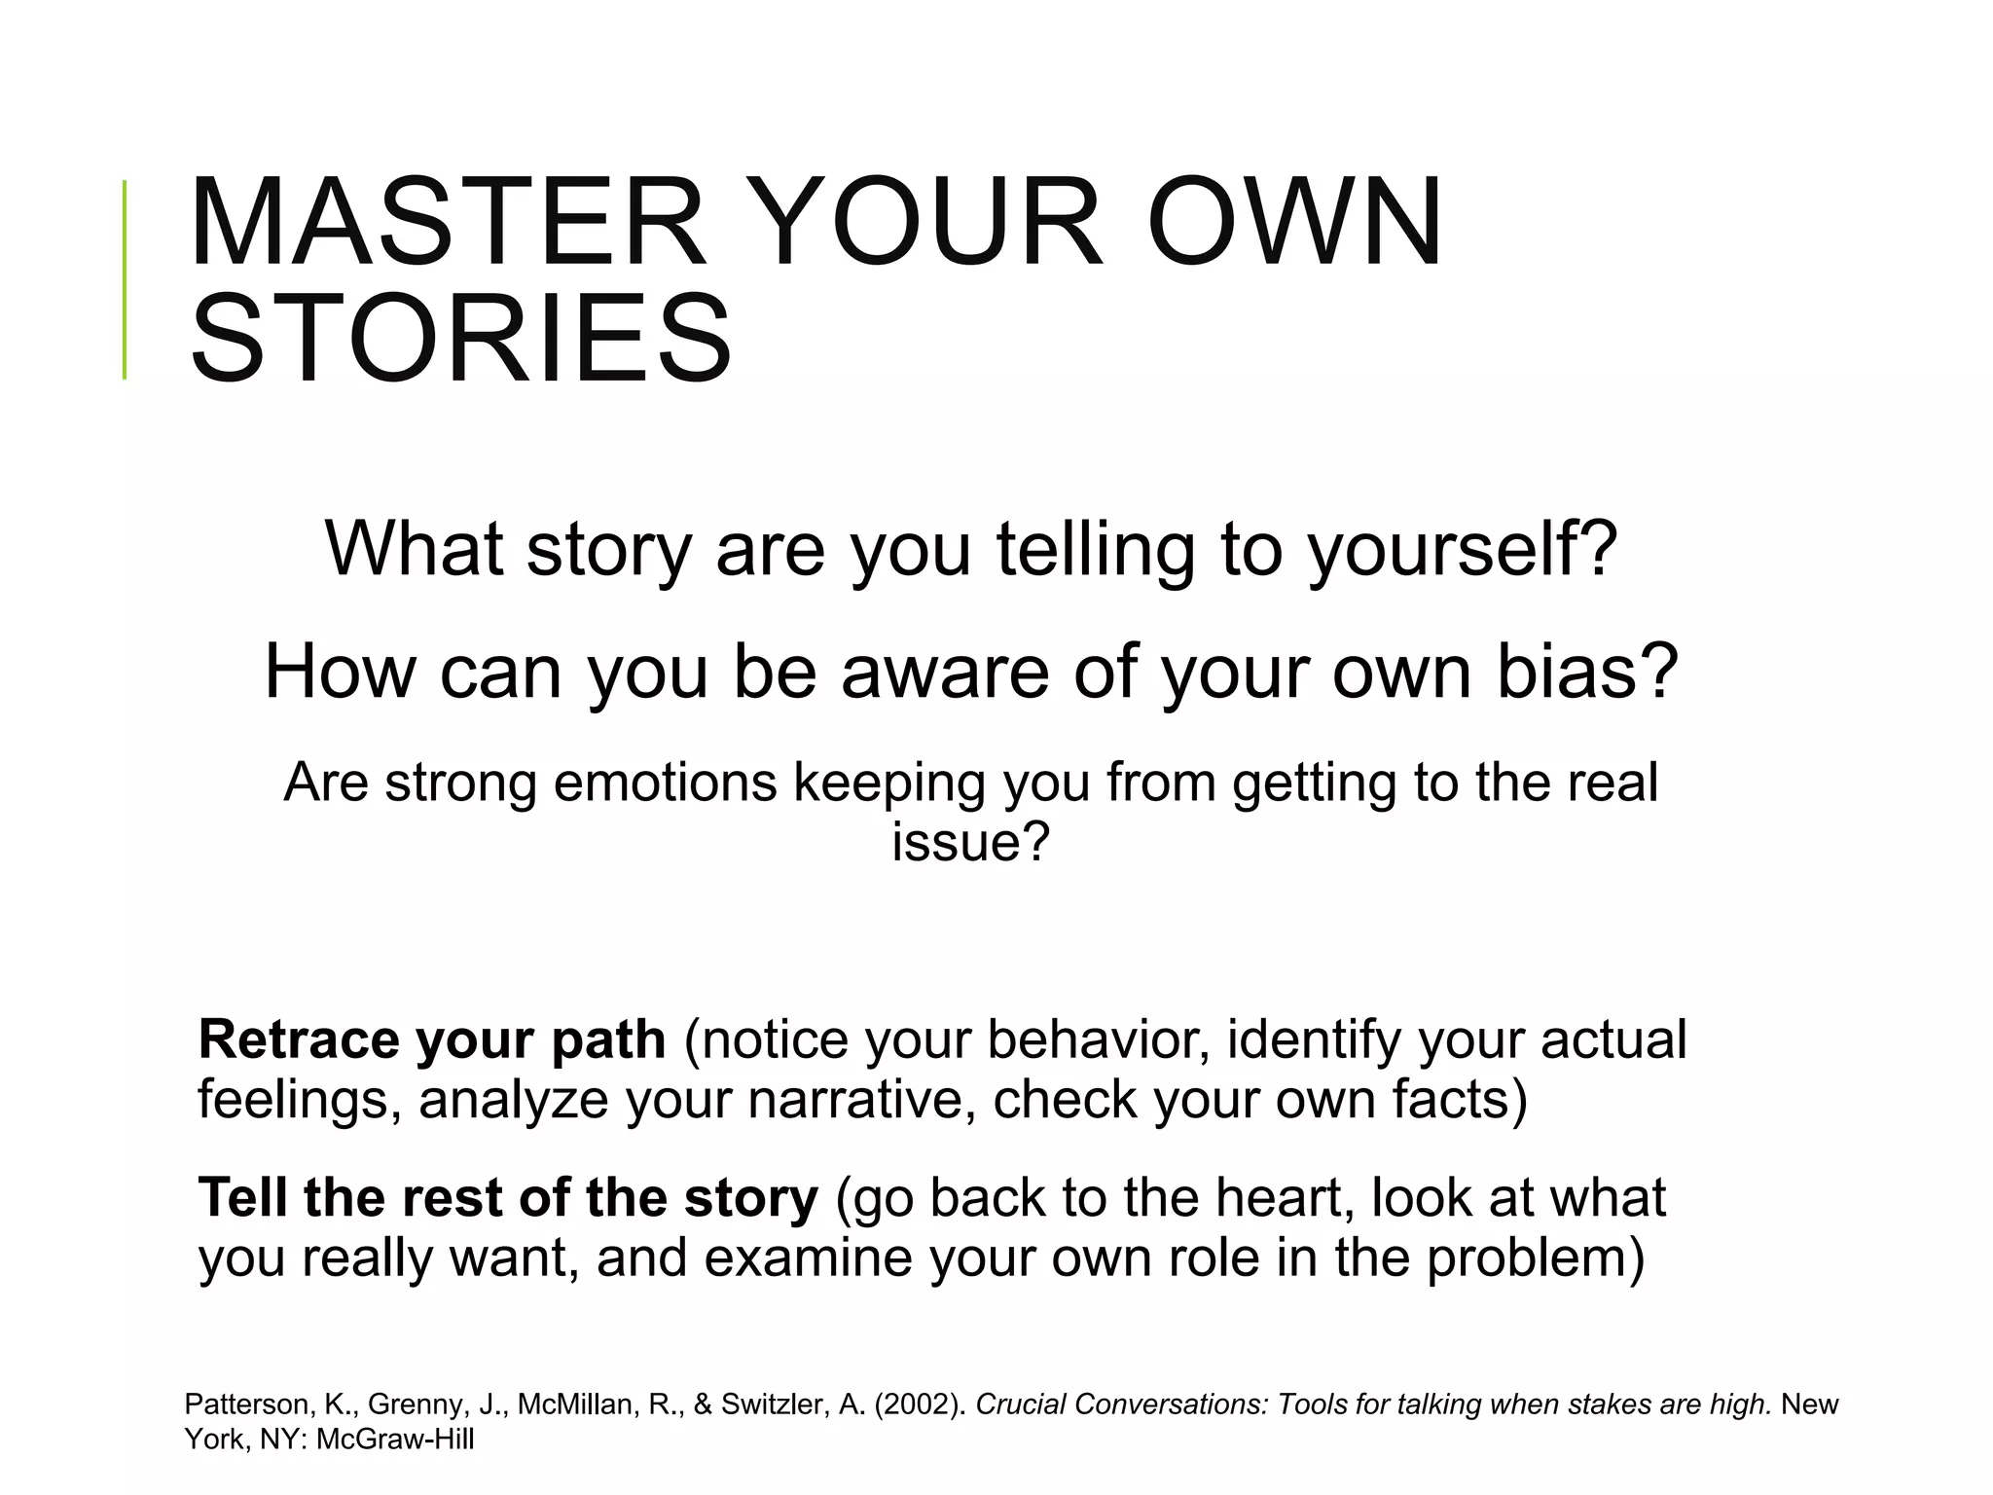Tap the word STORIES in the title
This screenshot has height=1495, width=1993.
[460, 338]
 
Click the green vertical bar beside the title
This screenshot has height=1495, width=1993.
[125, 279]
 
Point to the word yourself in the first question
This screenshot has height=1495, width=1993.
[1463, 550]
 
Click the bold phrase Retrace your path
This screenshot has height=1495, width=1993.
[432, 1039]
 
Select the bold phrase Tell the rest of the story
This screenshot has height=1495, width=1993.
[508, 1197]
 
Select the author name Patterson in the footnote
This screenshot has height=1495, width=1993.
[247, 1404]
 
